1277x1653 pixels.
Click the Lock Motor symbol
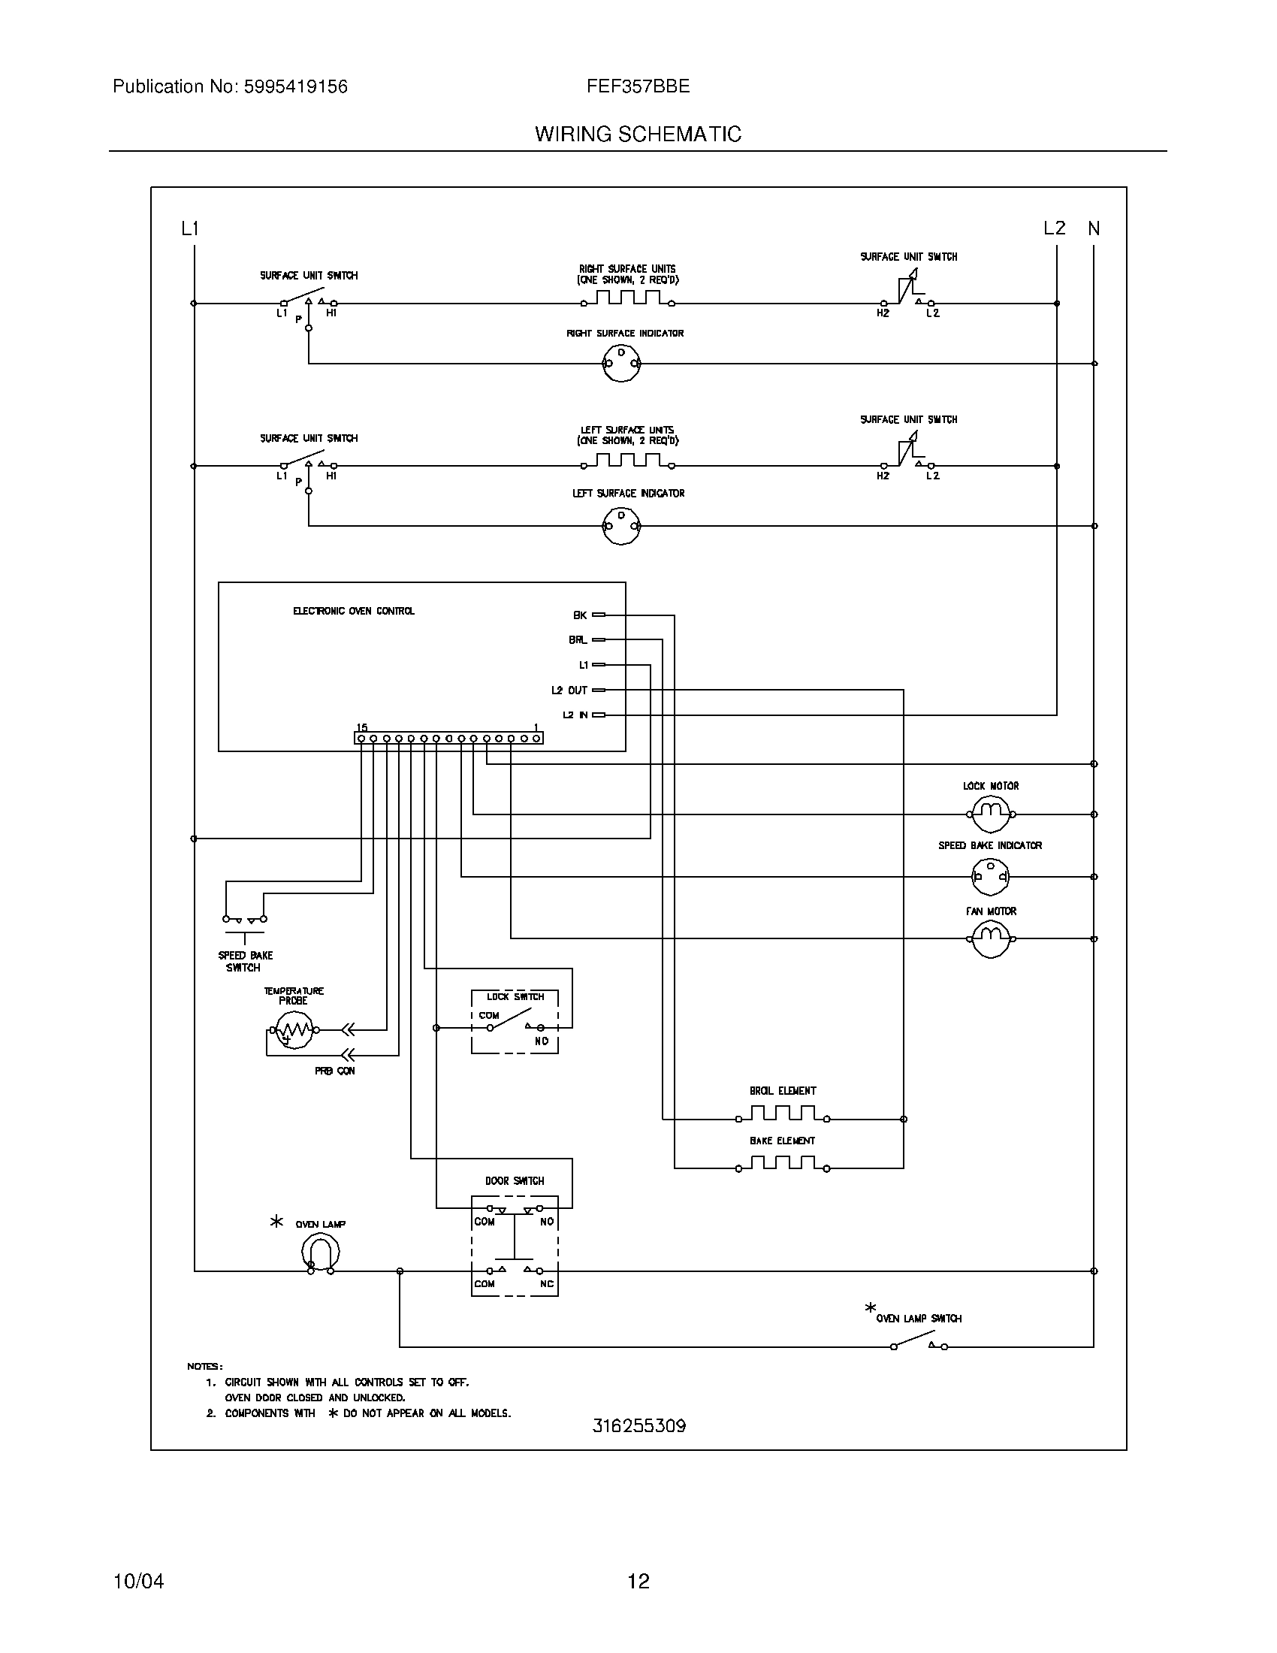pyautogui.click(x=990, y=814)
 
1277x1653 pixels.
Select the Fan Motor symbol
pyautogui.click(x=990, y=939)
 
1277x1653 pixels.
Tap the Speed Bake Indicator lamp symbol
pyautogui.click(x=990, y=877)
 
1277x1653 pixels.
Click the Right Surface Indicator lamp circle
pyautogui.click(x=621, y=364)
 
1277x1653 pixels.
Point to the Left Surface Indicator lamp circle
pyautogui.click(x=621, y=525)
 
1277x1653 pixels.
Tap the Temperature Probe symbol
pyautogui.click(x=294, y=1030)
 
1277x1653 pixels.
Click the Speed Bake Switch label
pyautogui.click(x=244, y=961)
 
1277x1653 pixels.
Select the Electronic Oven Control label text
pyautogui.click(x=353, y=611)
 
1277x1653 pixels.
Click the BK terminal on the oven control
pyautogui.click(x=599, y=615)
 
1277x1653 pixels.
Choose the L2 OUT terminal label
pyautogui.click(x=569, y=691)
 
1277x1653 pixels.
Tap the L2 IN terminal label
pyautogui.click(x=575, y=715)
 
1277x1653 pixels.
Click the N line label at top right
pyautogui.click(x=1093, y=228)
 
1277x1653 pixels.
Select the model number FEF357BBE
pyautogui.click(x=638, y=86)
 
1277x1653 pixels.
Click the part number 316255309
pyautogui.click(x=638, y=1426)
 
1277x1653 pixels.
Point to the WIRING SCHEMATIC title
pyautogui.click(x=638, y=134)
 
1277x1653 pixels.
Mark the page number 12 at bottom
pyautogui.click(x=638, y=1581)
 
